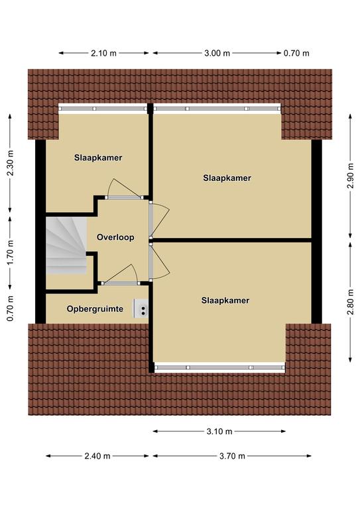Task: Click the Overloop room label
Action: click(115, 237)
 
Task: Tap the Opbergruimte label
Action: click(95, 309)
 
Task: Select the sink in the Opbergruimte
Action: click(141, 308)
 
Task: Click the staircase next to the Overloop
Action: click(66, 245)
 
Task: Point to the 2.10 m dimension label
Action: click(103, 53)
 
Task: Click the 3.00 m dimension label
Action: click(217, 53)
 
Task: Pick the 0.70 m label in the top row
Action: click(296, 53)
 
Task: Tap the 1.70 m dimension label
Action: click(11, 253)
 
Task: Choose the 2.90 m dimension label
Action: click(350, 176)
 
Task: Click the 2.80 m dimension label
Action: click(350, 302)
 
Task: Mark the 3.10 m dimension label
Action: click(219, 431)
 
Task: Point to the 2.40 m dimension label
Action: click(97, 456)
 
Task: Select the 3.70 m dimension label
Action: click(232, 456)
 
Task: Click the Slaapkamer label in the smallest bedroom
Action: click(98, 158)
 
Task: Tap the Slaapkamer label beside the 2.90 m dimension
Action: click(227, 178)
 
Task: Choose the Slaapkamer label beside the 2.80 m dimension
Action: click(225, 300)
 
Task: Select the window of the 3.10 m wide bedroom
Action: click(219, 367)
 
